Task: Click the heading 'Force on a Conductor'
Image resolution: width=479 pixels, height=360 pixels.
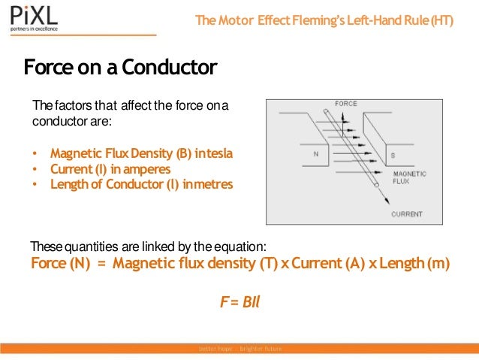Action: tap(120, 68)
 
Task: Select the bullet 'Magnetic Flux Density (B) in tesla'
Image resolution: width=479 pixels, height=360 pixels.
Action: tap(141, 153)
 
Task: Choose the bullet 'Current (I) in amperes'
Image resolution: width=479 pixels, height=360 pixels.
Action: tap(110, 169)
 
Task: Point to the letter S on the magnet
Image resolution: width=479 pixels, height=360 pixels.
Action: tap(392, 156)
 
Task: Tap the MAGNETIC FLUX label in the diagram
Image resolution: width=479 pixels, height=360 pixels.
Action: tap(409, 177)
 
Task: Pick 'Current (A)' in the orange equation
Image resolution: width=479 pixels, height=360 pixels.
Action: tap(324, 264)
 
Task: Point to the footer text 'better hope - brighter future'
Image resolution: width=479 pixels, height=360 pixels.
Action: tap(239, 349)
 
